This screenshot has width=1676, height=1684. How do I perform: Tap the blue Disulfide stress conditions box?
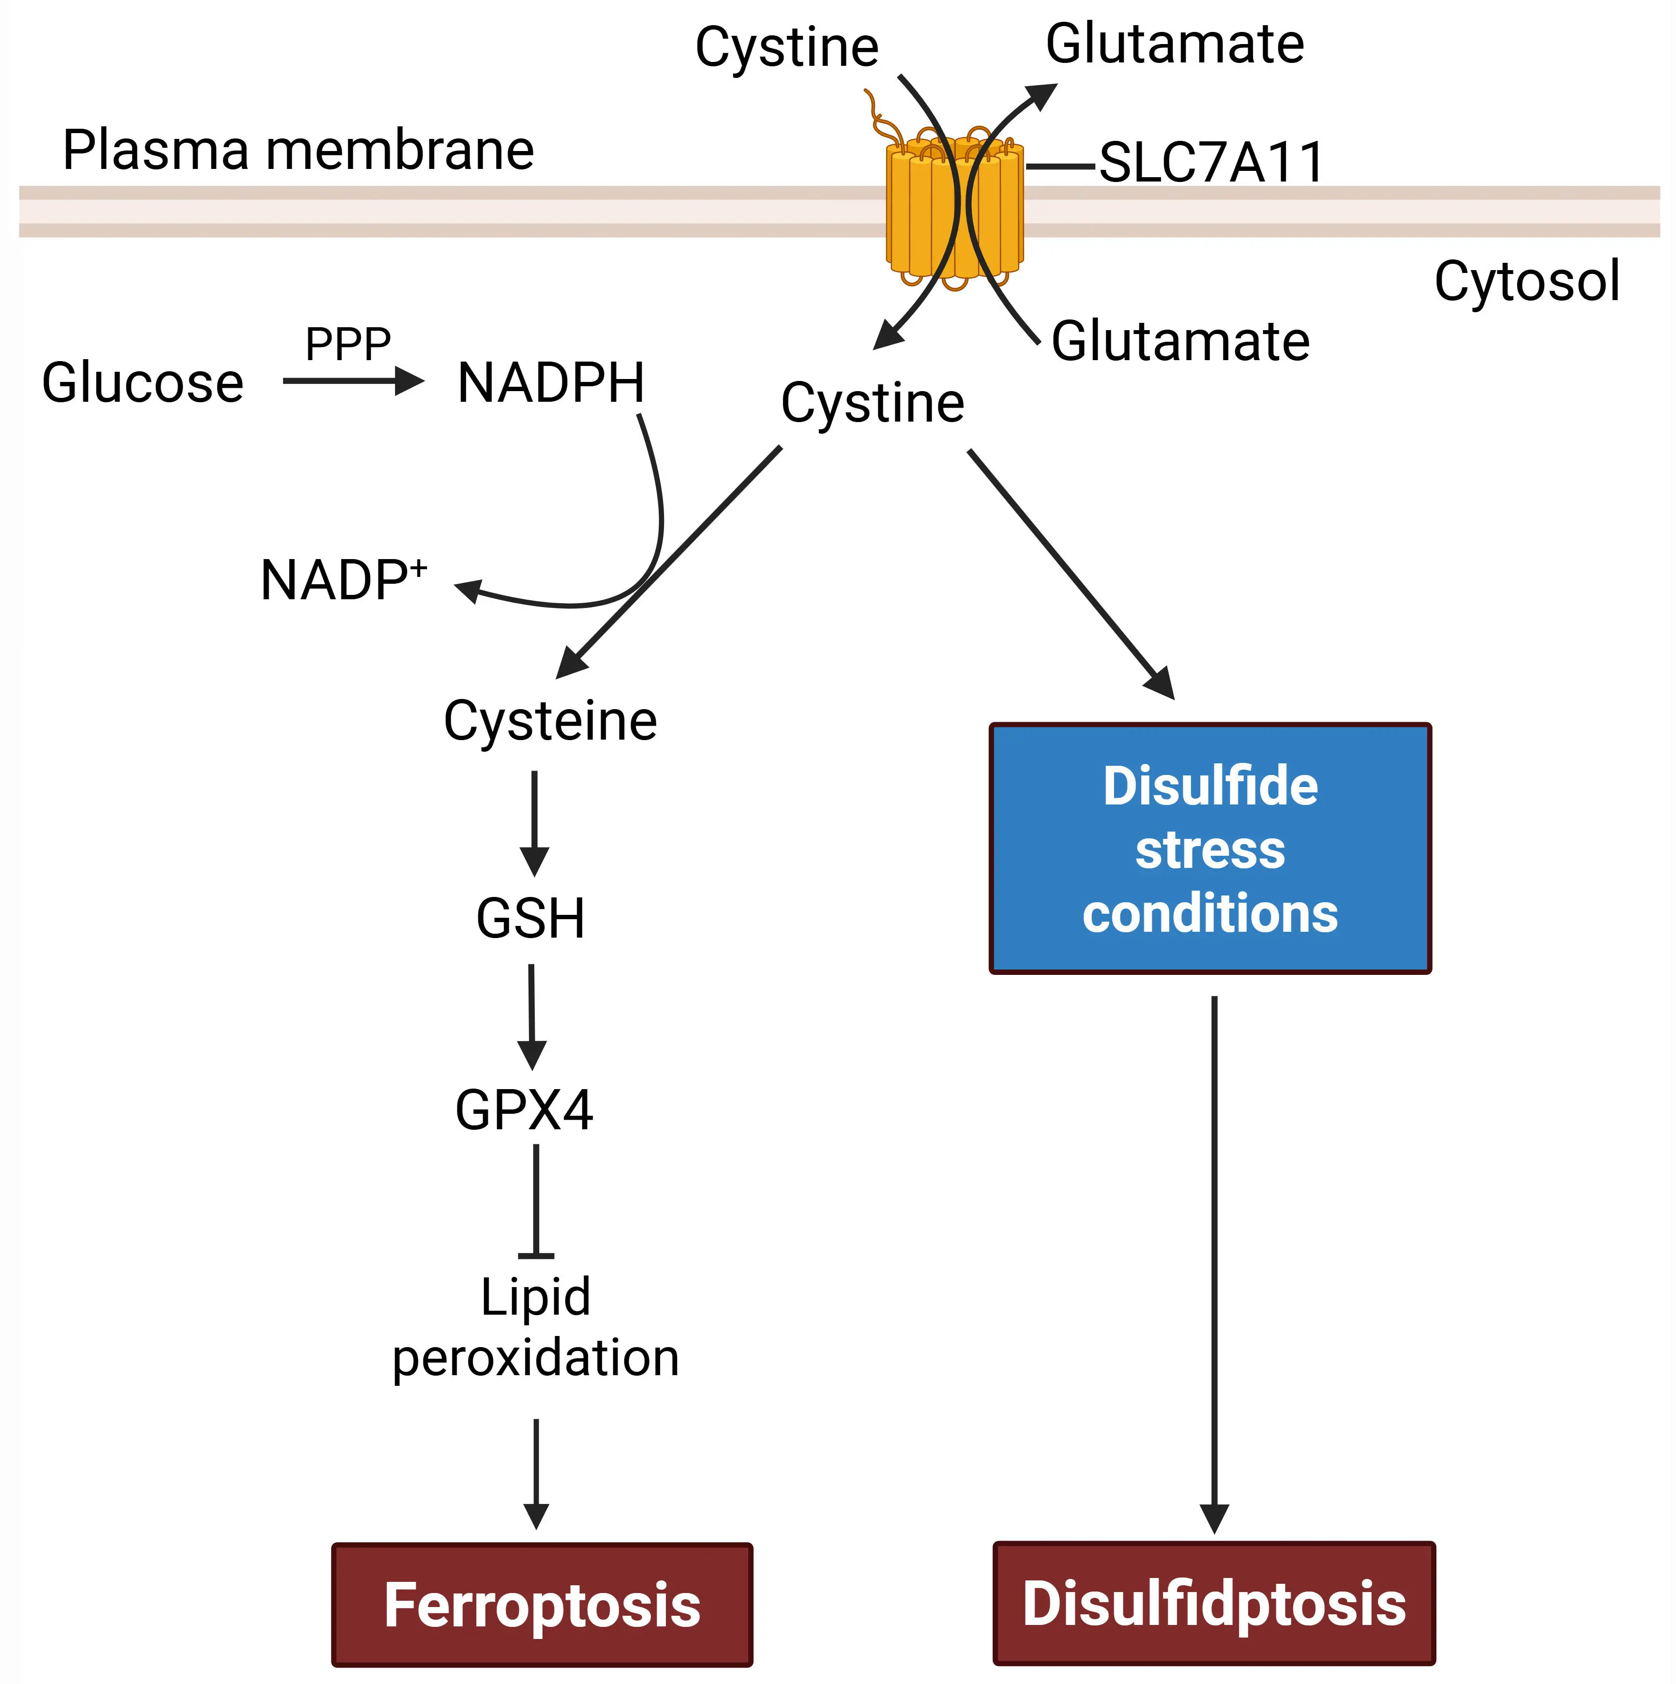[1210, 848]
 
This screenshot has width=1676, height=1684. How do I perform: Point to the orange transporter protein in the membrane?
[954, 209]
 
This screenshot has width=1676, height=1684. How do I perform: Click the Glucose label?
[143, 383]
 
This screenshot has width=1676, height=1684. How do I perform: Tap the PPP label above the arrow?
[348, 344]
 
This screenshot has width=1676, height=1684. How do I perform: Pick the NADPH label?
[551, 383]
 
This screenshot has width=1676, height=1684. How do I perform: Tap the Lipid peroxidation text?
[535, 1327]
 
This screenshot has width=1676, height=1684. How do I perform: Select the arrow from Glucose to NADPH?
[352, 381]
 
